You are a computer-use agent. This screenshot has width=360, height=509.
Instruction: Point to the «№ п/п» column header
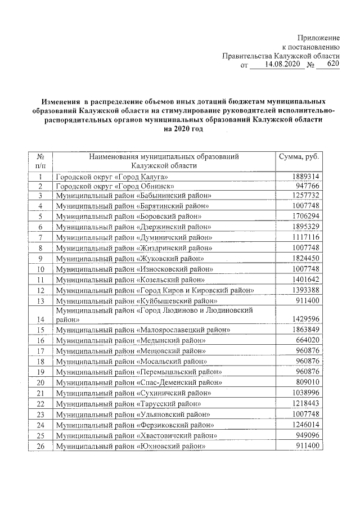[40, 161]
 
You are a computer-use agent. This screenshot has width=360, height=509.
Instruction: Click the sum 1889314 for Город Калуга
[306, 176]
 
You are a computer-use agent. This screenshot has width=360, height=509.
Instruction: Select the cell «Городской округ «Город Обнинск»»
[112, 186]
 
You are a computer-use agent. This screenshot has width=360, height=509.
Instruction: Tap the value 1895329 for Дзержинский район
[306, 226]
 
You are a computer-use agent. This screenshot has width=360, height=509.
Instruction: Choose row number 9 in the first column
[40, 259]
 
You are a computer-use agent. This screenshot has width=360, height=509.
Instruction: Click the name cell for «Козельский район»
[130, 280]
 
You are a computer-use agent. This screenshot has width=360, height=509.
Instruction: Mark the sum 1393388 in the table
[306, 290]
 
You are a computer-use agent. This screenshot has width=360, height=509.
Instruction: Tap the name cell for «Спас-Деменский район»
[138, 382]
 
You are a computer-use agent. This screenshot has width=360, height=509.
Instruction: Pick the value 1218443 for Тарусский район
[306, 403]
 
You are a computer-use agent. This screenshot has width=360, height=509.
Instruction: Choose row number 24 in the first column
[40, 425]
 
